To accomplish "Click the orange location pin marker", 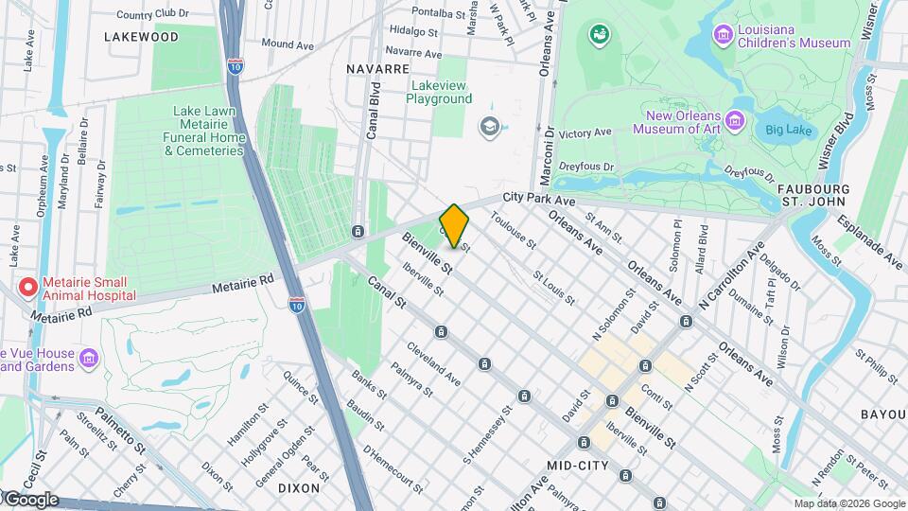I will (x=454, y=225).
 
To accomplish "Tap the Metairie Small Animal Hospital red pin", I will (x=28, y=286).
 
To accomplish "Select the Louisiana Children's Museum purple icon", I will (x=724, y=36).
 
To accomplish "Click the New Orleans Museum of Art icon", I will (x=737, y=122).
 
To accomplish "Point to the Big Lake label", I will (x=786, y=129).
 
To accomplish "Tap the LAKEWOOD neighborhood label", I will (x=142, y=37).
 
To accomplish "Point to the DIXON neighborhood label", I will (x=299, y=488).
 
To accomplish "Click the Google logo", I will (x=30, y=500).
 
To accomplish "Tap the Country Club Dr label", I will (x=153, y=15).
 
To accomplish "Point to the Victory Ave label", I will (x=585, y=133).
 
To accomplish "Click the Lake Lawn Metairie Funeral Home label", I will (x=209, y=131).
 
